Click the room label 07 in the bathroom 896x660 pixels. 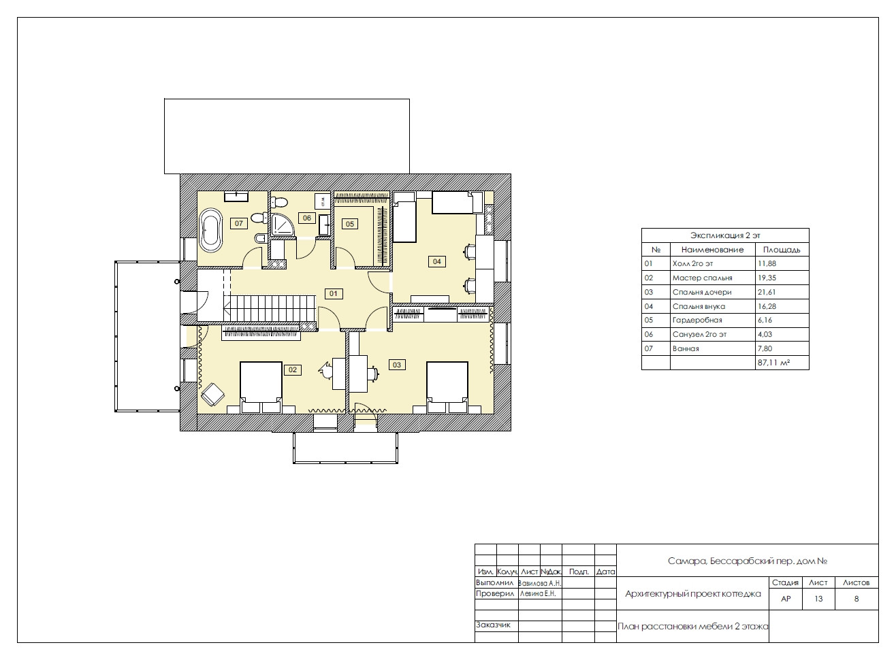tap(239, 223)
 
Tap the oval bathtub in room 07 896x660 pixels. tap(211, 230)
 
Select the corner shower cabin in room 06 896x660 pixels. tap(282, 225)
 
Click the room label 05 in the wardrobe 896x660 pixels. tap(349, 224)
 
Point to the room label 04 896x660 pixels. tap(436, 261)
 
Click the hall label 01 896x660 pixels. tap(333, 293)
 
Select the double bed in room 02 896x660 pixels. tap(261, 387)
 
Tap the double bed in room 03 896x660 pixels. tap(447, 387)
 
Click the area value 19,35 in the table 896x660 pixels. tap(767, 278)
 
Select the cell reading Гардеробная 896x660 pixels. tap(697, 320)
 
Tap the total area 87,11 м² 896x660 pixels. tap(773, 363)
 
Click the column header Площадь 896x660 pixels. tap(781, 250)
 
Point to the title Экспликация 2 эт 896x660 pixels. tap(725, 235)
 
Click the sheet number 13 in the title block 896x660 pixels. tap(818, 599)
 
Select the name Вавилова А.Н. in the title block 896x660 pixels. tap(540, 583)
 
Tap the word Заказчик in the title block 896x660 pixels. tap(493, 625)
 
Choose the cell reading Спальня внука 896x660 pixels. tap(699, 307)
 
